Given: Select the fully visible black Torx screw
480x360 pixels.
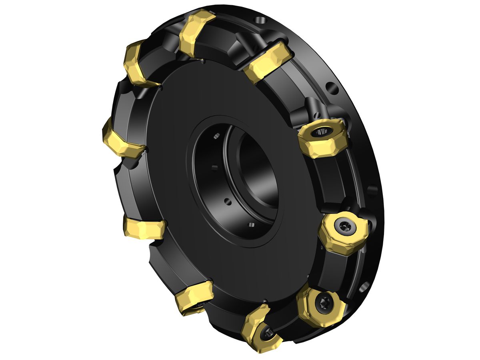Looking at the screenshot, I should pyautogui.click(x=322, y=300).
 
